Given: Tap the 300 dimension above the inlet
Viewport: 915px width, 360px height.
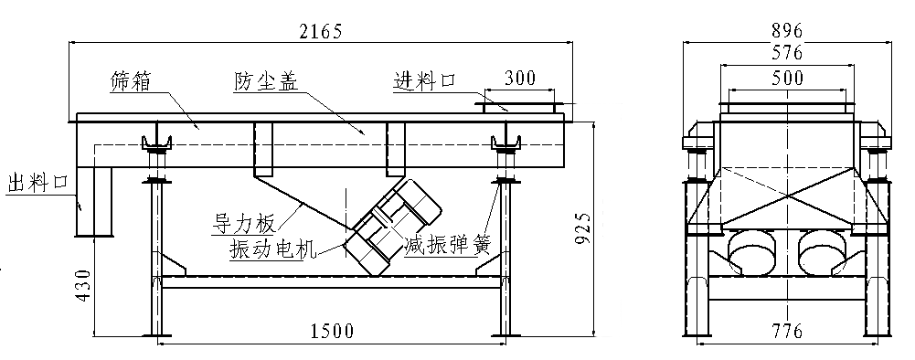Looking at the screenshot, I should coord(520,78).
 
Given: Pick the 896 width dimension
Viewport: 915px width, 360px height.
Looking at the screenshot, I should coord(787,28).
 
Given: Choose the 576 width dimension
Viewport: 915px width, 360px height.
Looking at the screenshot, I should coord(787,53).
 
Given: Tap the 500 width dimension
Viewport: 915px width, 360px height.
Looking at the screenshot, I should coord(787,79).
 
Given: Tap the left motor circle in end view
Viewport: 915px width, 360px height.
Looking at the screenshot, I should coord(752,251).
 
